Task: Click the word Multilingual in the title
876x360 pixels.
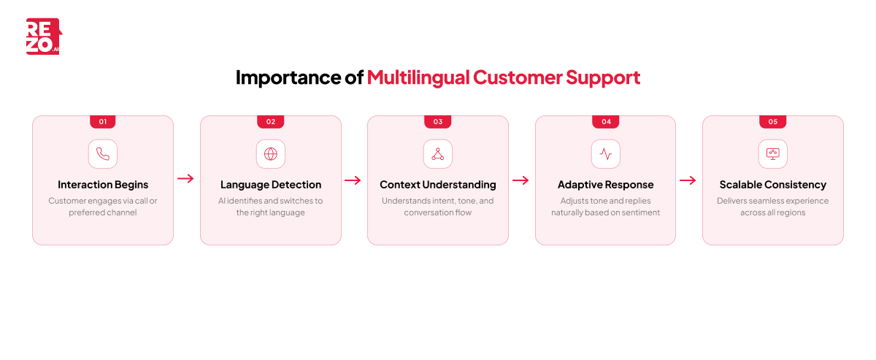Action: point(418,77)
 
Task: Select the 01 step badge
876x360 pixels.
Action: point(103,122)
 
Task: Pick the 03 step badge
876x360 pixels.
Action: point(438,122)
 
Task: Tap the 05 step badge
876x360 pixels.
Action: point(773,122)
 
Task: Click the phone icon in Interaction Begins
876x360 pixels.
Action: point(103,154)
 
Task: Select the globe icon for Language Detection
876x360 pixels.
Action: point(271,154)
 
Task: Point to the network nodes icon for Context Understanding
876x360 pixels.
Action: point(438,154)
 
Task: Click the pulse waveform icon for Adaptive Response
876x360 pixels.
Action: point(606,154)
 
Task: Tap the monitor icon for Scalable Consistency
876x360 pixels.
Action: point(773,154)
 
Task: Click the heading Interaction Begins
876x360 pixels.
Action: point(103,185)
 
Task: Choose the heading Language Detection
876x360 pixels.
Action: point(271,185)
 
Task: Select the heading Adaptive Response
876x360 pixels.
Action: point(606,185)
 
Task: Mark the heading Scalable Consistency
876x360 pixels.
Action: point(773,185)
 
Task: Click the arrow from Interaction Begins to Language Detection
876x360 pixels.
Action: point(186,179)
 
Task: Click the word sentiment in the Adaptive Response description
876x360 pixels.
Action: point(639,212)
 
